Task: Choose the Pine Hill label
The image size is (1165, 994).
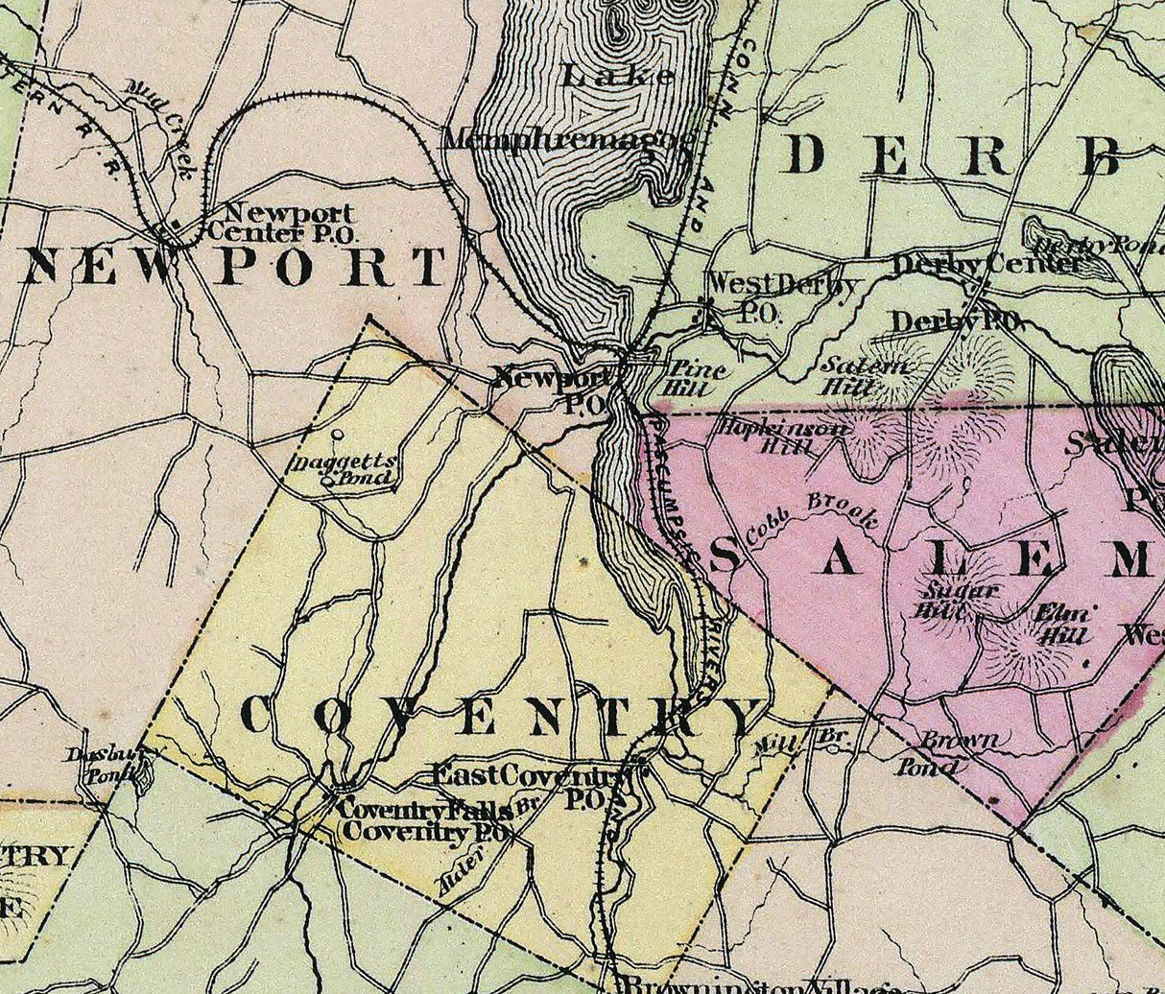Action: click(x=696, y=378)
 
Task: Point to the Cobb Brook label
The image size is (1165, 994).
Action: click(x=827, y=510)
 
